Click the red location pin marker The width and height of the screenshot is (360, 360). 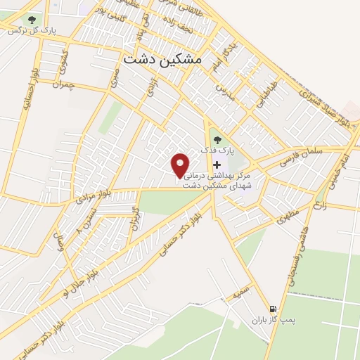pos(181,164)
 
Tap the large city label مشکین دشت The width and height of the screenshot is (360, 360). pos(162,60)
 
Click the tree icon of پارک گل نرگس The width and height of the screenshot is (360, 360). pos(32,20)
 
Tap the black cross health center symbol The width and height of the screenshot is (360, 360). pos(216,164)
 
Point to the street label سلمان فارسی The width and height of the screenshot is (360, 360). pos(300,155)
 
